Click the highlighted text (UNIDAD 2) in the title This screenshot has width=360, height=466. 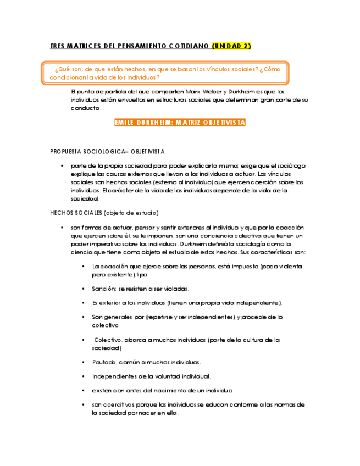pos(231,46)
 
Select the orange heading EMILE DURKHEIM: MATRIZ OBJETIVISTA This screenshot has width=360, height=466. pos(180,123)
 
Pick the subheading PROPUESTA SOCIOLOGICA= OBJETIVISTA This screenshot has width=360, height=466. pos(107,151)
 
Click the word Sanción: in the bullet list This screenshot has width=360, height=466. pos(103,289)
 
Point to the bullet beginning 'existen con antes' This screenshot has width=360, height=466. pos(162,391)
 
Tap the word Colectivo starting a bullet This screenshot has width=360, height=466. pos(108,340)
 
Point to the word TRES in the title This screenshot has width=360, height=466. pos(57,46)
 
